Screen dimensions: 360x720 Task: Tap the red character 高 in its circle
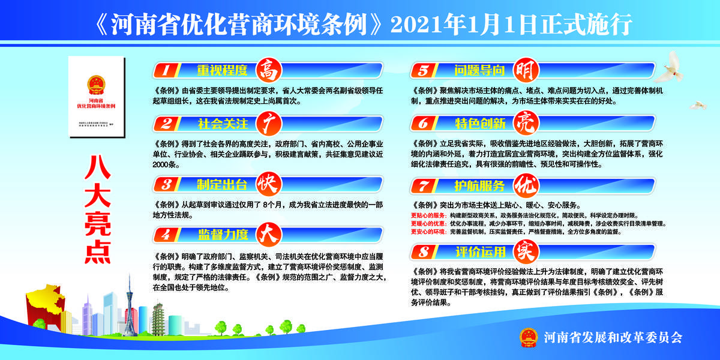tap(268, 70)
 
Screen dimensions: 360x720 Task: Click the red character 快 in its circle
tap(268, 182)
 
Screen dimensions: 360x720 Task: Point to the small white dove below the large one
tap(697, 105)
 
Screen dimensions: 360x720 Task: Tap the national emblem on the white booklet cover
tap(96, 82)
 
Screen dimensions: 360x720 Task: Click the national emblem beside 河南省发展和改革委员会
tap(528, 337)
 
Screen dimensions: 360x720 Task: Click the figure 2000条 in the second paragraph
tap(166, 164)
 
